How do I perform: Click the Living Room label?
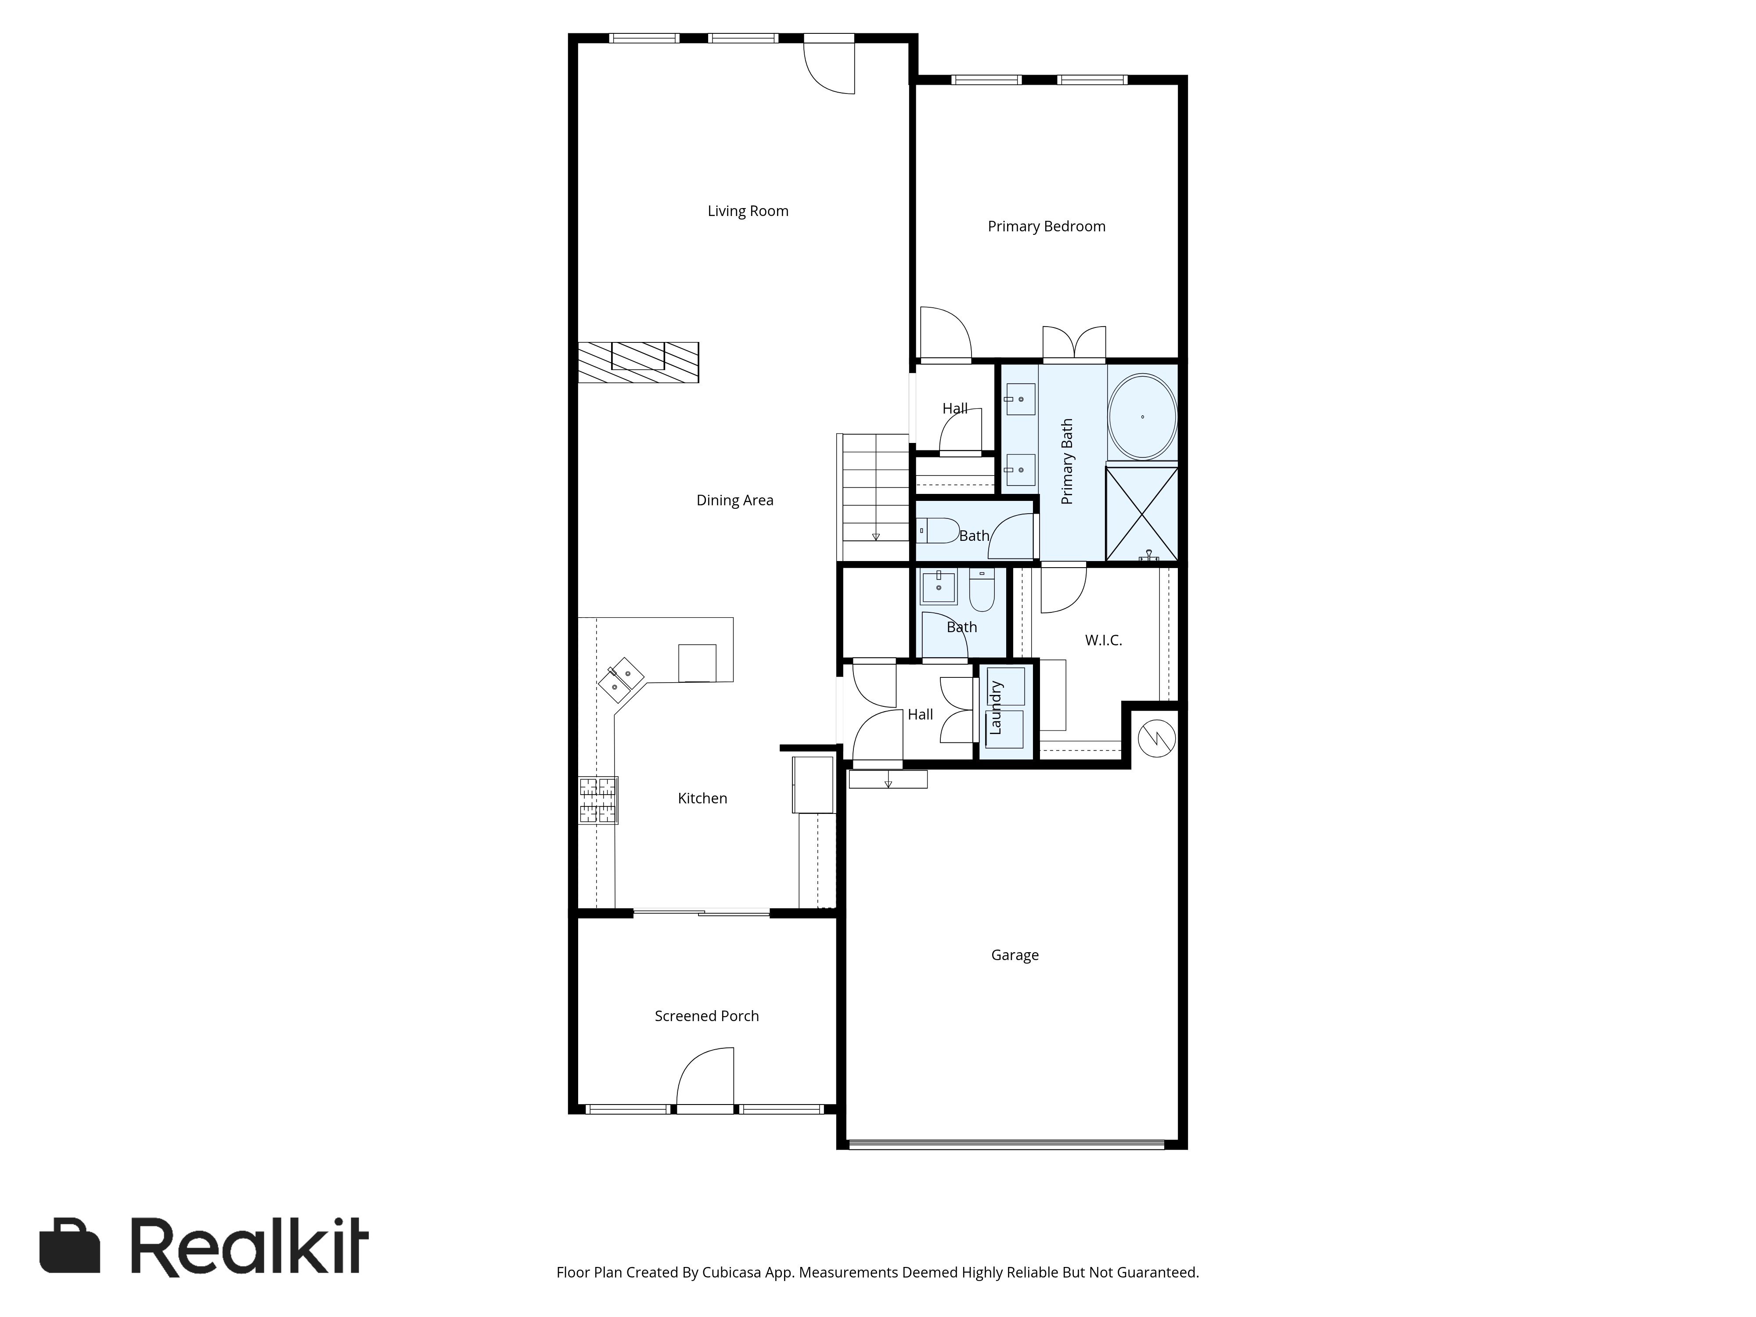pos(748,211)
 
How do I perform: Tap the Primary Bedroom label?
pos(1046,226)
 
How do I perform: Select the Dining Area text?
pos(734,500)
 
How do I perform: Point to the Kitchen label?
pos(702,798)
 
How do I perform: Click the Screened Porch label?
pos(706,1016)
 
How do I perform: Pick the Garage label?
pos(1015,955)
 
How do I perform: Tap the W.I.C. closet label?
pos(1104,640)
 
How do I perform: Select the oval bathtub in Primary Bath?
pos(1142,416)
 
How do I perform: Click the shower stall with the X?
pos(1141,514)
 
